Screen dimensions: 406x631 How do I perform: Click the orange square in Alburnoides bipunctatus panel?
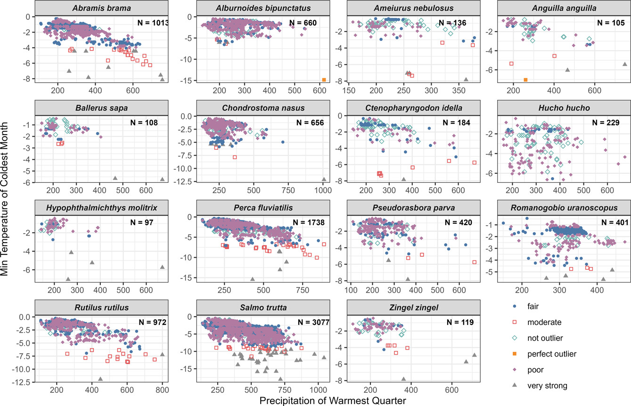tap(324, 80)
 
